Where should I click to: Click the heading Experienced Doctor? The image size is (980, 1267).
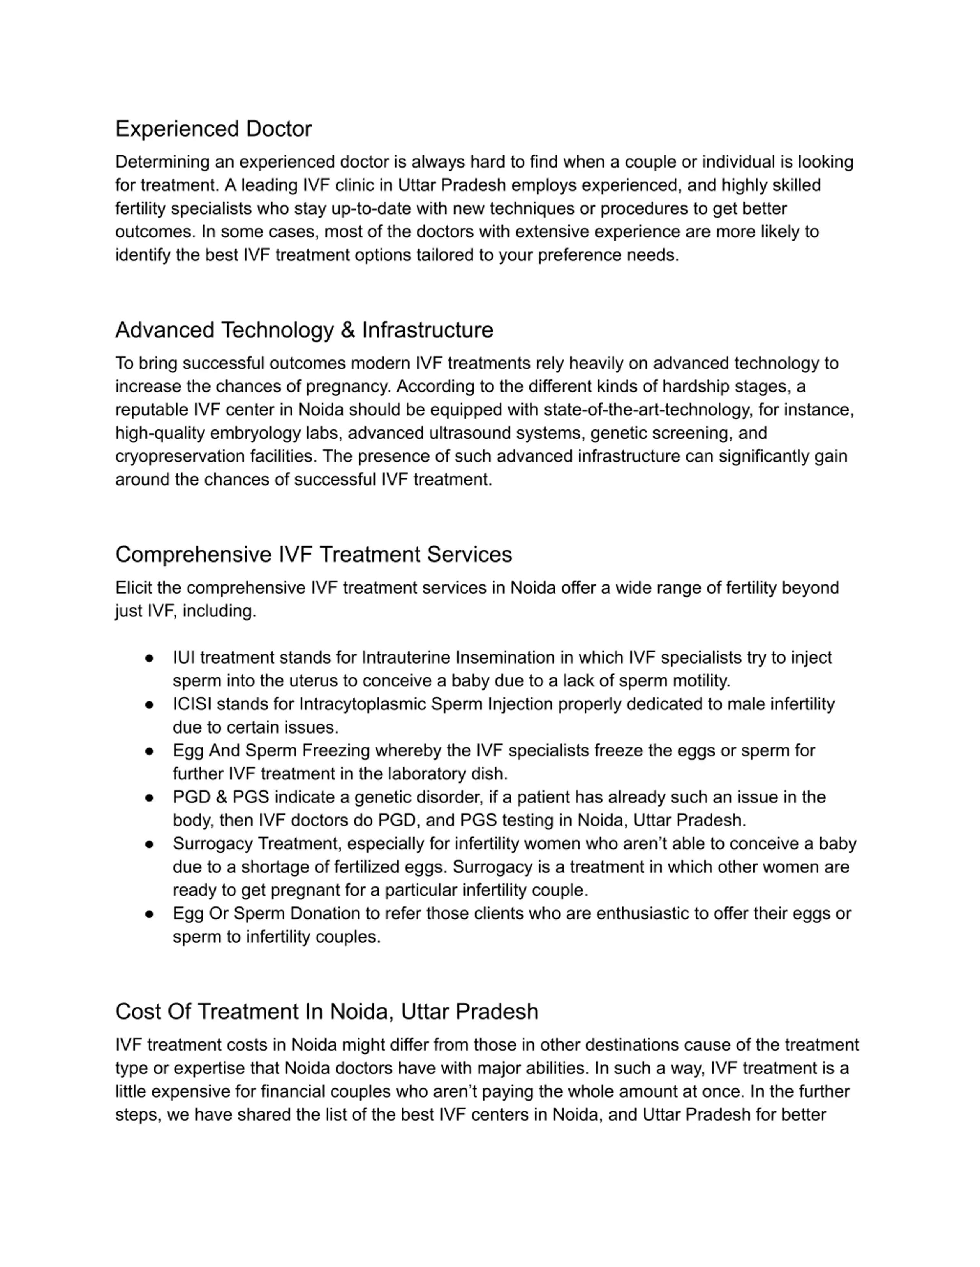(x=213, y=129)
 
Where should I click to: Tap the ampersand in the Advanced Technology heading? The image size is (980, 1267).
(x=347, y=330)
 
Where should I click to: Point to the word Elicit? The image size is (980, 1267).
(x=134, y=588)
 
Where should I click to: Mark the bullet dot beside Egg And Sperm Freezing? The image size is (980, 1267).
(x=149, y=751)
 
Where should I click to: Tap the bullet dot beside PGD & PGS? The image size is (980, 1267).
(x=149, y=798)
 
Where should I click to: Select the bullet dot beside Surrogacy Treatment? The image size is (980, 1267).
(x=149, y=844)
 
